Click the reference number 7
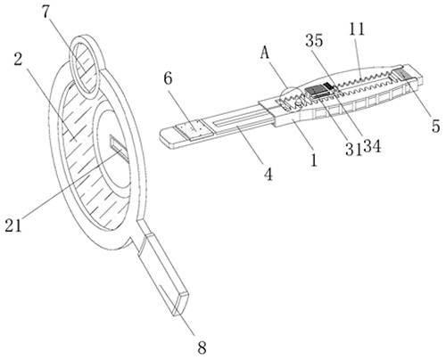[45, 13]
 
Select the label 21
[13, 225]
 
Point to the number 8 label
[202, 347]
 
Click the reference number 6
[168, 78]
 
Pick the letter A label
[264, 53]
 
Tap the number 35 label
[314, 40]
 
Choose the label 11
[357, 29]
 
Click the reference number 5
[435, 126]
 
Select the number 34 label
[372, 146]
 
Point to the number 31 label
[354, 149]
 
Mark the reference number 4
[268, 175]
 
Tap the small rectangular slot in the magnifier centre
[120, 148]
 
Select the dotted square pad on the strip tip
[194, 130]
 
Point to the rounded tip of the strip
[168, 138]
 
